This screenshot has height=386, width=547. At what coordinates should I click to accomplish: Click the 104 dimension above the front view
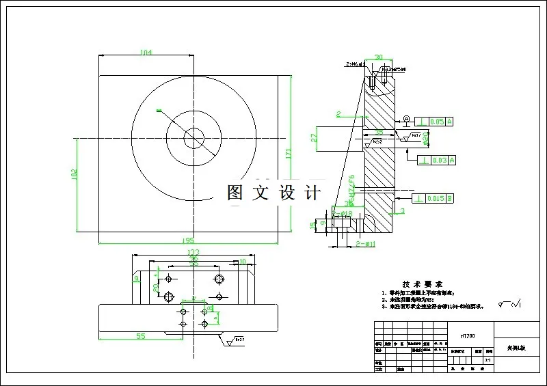pos(145,52)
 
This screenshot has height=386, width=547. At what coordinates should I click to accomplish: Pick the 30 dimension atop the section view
pos(379,57)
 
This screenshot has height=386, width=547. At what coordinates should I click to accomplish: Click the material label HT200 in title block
pos(468,336)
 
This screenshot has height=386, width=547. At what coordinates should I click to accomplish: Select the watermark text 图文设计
pos(273,193)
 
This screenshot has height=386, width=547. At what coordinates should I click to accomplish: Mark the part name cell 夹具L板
pos(516,348)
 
